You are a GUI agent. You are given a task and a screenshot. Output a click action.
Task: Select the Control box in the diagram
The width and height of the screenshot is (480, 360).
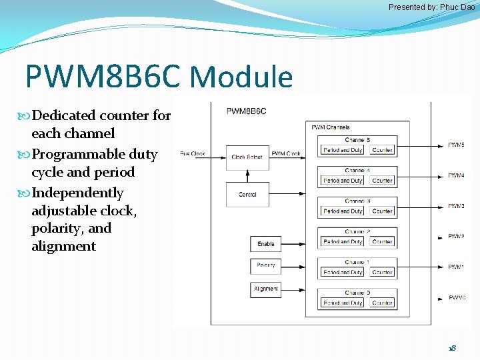click(247, 194)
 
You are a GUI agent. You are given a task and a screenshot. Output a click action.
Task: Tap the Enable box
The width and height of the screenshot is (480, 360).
click(265, 243)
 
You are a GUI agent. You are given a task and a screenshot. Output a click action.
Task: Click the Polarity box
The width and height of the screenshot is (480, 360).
click(265, 265)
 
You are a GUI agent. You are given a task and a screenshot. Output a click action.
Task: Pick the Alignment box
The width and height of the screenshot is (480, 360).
click(265, 289)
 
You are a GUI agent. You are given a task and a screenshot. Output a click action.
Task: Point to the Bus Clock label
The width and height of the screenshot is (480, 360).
click(193, 154)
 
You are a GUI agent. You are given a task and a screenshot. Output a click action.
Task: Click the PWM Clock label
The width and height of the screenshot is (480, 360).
click(286, 154)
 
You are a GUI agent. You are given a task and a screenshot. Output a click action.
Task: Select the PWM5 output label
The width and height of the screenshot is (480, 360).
click(456, 145)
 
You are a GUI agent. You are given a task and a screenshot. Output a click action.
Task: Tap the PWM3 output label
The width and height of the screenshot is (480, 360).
click(456, 206)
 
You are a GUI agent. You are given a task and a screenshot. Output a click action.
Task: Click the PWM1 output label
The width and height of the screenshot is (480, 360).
click(456, 267)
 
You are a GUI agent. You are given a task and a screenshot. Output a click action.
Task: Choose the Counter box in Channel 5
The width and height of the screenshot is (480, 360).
click(382, 150)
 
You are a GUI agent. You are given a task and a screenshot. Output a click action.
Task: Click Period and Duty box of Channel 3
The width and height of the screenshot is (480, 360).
click(343, 211)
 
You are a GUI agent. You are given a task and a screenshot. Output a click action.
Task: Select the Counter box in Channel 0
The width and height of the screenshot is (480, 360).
click(382, 303)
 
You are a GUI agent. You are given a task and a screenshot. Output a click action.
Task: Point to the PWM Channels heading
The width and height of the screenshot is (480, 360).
click(330, 127)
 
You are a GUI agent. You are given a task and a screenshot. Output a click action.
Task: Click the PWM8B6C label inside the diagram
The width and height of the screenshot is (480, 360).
click(246, 111)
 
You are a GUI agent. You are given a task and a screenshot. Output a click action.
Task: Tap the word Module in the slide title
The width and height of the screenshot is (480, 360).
click(241, 77)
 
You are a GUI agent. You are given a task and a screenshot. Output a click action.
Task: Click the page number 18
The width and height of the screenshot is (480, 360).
click(452, 348)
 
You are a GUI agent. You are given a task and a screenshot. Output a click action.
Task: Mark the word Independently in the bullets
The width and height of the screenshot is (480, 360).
click(77, 193)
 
